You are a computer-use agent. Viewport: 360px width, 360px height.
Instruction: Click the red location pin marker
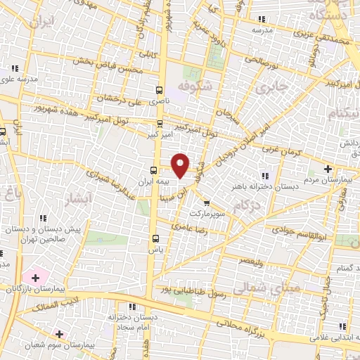(181, 164)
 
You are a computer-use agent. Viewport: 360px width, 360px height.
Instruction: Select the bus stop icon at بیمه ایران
(153, 170)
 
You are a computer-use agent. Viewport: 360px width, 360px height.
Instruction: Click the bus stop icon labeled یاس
(155, 238)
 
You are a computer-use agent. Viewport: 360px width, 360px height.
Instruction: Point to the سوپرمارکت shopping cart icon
(205, 203)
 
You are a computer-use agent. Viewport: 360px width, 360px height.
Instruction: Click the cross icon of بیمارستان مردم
(328, 169)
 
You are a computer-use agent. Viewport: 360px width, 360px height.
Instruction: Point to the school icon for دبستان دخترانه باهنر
(264, 176)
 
